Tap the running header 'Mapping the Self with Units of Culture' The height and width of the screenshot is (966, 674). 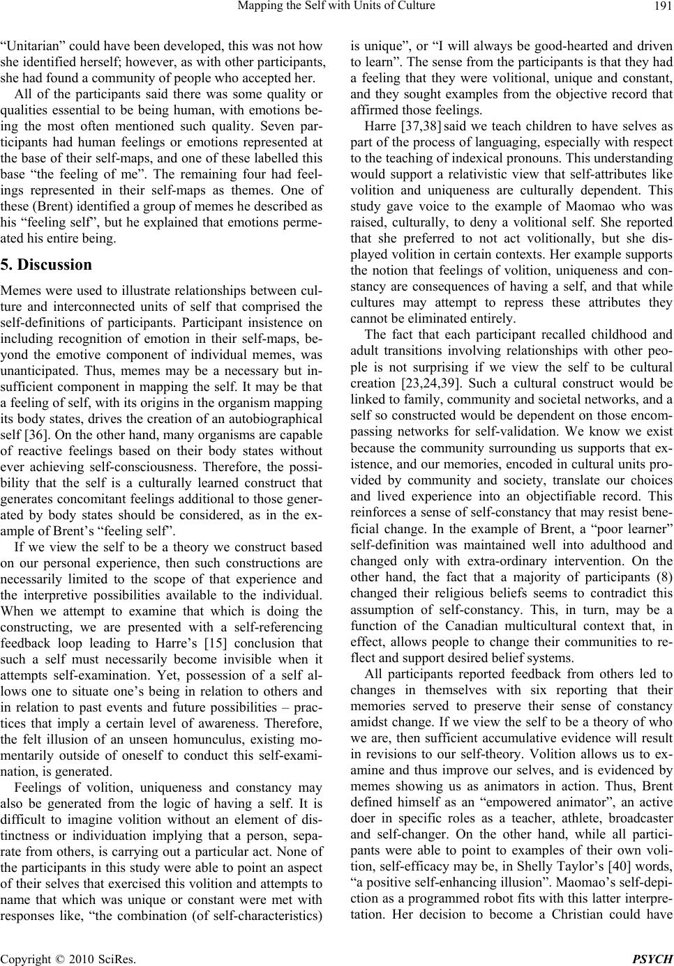(x=337, y=8)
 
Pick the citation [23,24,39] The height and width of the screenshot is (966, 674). (x=430, y=384)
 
